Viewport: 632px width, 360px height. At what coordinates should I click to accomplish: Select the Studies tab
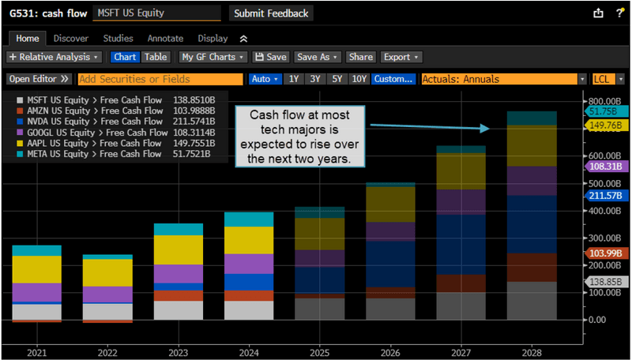[118, 38]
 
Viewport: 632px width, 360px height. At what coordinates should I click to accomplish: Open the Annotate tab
[165, 38]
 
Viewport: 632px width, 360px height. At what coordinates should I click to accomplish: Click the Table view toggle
[156, 57]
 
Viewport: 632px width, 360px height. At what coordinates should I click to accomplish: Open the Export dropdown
[401, 57]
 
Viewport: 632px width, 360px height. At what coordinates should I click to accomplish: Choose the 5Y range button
[337, 79]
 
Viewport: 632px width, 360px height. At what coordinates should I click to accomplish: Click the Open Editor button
[39, 79]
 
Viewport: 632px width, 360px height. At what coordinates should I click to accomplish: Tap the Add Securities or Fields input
[160, 79]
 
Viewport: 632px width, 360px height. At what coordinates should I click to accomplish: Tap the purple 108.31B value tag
[607, 167]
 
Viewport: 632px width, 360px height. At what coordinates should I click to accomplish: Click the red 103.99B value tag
[607, 253]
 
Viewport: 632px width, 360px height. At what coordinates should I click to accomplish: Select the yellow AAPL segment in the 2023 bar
[179, 249]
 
